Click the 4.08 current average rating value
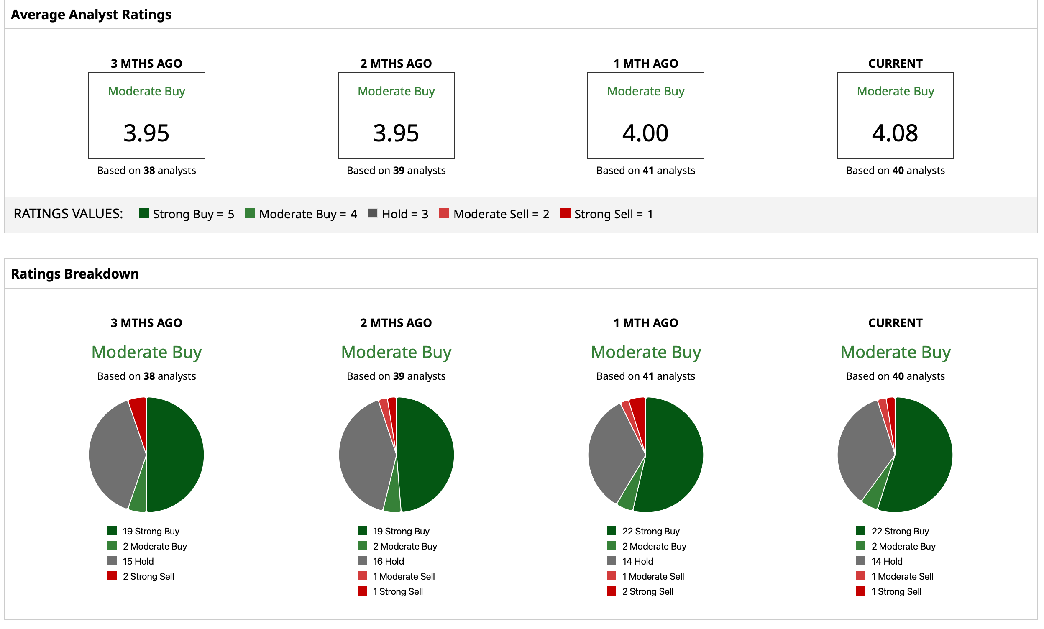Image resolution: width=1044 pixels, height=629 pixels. (x=895, y=133)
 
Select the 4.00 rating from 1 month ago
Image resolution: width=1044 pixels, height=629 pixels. (x=645, y=133)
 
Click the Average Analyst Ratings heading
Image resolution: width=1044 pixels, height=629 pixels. (x=91, y=15)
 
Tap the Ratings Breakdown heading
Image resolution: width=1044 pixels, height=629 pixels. (x=75, y=274)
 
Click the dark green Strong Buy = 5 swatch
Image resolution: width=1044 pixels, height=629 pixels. (x=143, y=213)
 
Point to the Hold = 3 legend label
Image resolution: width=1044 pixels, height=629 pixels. (x=404, y=214)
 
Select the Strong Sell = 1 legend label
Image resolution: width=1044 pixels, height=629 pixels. (x=613, y=214)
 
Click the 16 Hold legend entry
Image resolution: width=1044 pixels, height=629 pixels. (x=388, y=561)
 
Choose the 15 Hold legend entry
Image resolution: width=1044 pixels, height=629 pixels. (x=138, y=561)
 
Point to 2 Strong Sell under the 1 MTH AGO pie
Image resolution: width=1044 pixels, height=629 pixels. (x=647, y=591)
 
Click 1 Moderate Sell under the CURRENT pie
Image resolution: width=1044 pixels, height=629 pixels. (x=902, y=576)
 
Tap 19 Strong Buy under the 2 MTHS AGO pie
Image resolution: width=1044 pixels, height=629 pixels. (x=401, y=531)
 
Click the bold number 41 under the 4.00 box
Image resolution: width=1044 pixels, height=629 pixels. (x=648, y=171)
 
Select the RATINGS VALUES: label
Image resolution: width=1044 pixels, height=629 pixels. (x=68, y=214)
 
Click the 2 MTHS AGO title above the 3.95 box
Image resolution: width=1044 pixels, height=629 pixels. (x=396, y=64)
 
